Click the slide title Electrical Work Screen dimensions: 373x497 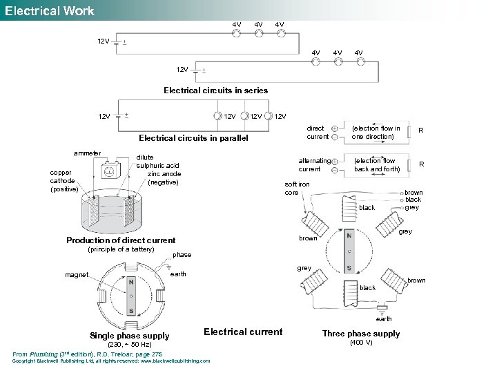tap(49, 10)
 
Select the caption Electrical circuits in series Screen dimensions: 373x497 tap(215, 90)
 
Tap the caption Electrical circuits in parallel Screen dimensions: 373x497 tap(193, 138)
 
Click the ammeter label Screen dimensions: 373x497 tap(88, 153)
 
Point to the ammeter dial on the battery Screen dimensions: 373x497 tap(109, 171)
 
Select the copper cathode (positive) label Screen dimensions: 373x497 tap(65, 181)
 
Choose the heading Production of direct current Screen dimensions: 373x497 tap(121, 240)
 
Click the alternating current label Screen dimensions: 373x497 tap(314, 165)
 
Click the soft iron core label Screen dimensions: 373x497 tap(298, 189)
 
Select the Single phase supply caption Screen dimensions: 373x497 tap(129, 336)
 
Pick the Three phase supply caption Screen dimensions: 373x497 tap(361, 334)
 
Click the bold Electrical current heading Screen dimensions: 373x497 tap(243, 332)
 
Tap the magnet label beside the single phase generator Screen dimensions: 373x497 tap(77, 275)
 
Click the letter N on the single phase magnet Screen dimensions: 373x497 tap(130, 283)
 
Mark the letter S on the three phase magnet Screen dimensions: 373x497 tap(349, 267)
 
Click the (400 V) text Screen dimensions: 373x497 tap(361, 343)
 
